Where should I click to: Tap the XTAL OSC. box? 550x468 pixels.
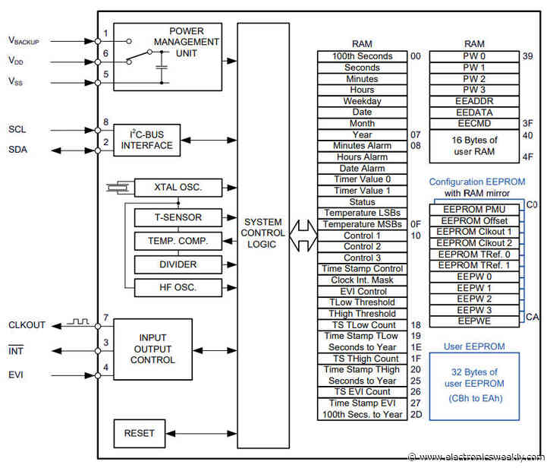point(178,188)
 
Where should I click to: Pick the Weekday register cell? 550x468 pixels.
point(362,101)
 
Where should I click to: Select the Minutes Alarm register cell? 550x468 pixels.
point(362,146)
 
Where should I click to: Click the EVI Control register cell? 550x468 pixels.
point(362,291)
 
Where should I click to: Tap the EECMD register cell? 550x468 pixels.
point(473,123)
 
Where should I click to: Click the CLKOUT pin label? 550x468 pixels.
point(27,325)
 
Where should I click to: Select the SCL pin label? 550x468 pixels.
point(18,129)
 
